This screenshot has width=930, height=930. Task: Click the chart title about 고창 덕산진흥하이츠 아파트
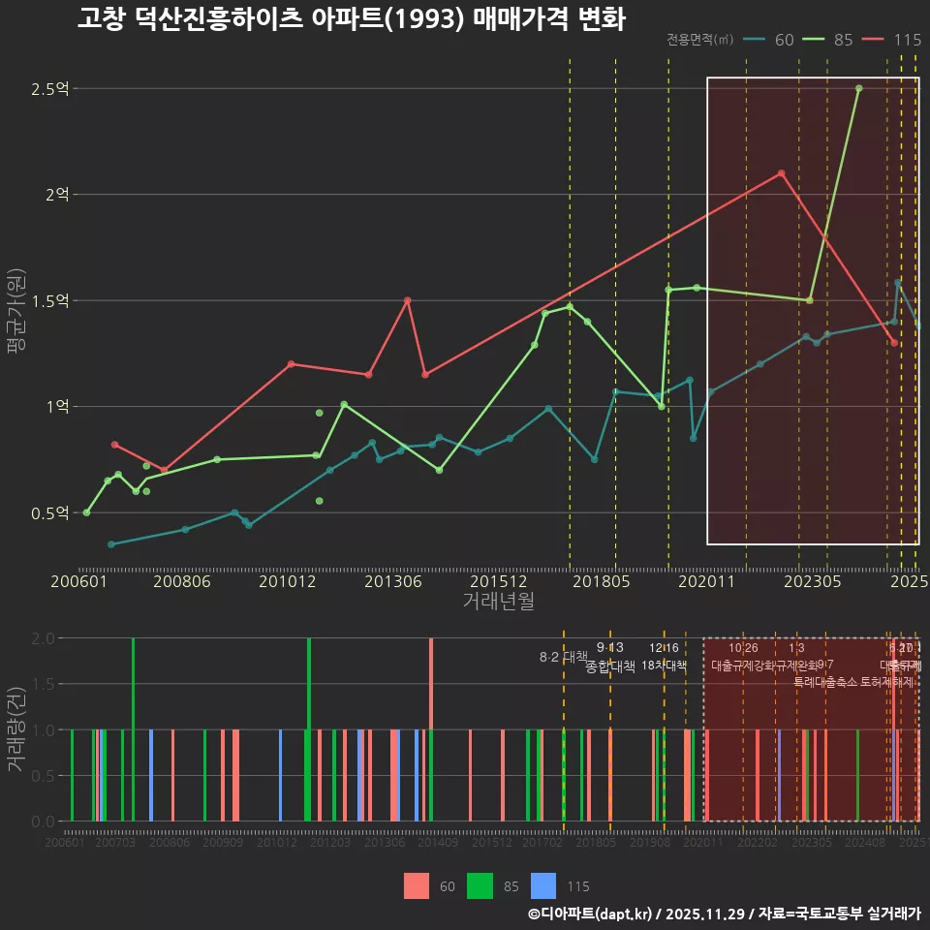[351, 19]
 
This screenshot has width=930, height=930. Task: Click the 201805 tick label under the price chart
[602, 581]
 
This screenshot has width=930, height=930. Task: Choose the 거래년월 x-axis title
[498, 601]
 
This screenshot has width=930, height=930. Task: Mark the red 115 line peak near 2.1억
[781, 173]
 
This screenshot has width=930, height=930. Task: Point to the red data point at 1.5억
[407, 300]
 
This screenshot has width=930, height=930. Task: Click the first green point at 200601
[86, 512]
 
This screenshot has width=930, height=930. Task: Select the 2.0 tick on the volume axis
[43, 638]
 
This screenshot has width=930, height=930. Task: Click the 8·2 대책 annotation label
[564, 657]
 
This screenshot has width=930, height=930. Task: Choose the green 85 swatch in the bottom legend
[480, 885]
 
